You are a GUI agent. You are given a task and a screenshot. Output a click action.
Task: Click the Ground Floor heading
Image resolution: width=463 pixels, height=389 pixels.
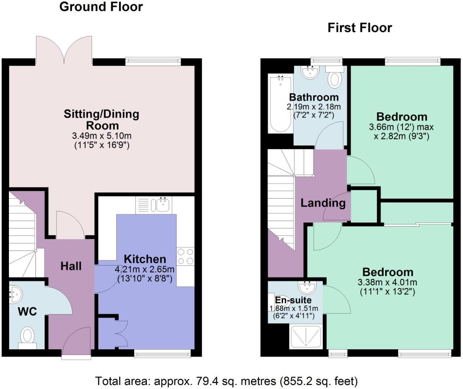(x=101, y=7)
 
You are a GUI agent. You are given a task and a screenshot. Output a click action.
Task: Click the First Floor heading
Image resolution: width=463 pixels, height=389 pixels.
(x=359, y=28)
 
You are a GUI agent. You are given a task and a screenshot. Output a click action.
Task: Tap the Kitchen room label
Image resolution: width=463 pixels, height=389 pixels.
(x=145, y=259)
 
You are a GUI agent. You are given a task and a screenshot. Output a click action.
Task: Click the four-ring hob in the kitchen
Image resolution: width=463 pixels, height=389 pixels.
(x=185, y=256)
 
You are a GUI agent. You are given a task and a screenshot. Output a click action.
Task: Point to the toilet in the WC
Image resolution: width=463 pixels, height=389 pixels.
(x=27, y=337)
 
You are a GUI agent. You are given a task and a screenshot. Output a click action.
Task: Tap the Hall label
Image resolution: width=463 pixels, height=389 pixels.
(x=71, y=266)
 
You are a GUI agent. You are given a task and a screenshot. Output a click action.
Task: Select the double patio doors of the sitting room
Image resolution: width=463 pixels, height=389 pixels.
(x=64, y=50)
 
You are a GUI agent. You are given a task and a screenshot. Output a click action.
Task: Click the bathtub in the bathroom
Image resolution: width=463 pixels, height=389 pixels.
(x=280, y=103)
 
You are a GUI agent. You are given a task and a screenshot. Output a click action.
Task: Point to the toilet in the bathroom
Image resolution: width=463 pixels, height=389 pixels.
(x=335, y=78)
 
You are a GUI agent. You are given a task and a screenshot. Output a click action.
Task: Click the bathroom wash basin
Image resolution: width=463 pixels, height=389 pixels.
(x=310, y=72)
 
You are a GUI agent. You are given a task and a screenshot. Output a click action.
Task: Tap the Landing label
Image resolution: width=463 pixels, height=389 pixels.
(x=323, y=203)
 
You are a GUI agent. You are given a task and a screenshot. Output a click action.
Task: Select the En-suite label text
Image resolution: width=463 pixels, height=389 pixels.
(x=293, y=300)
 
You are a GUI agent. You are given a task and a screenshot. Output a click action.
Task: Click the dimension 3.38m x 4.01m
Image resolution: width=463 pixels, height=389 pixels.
(x=387, y=282)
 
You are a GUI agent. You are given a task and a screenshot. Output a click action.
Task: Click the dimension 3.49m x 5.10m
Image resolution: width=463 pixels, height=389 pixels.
(x=101, y=136)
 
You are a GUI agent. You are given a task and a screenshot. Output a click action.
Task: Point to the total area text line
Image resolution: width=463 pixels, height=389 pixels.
(x=226, y=381)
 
